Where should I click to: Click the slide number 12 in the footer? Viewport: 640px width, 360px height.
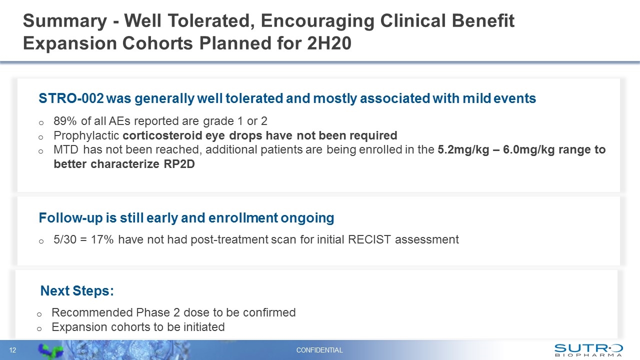[13, 350]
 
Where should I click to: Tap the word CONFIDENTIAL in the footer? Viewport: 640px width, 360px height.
[319, 350]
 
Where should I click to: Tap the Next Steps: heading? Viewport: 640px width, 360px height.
[77, 291]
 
